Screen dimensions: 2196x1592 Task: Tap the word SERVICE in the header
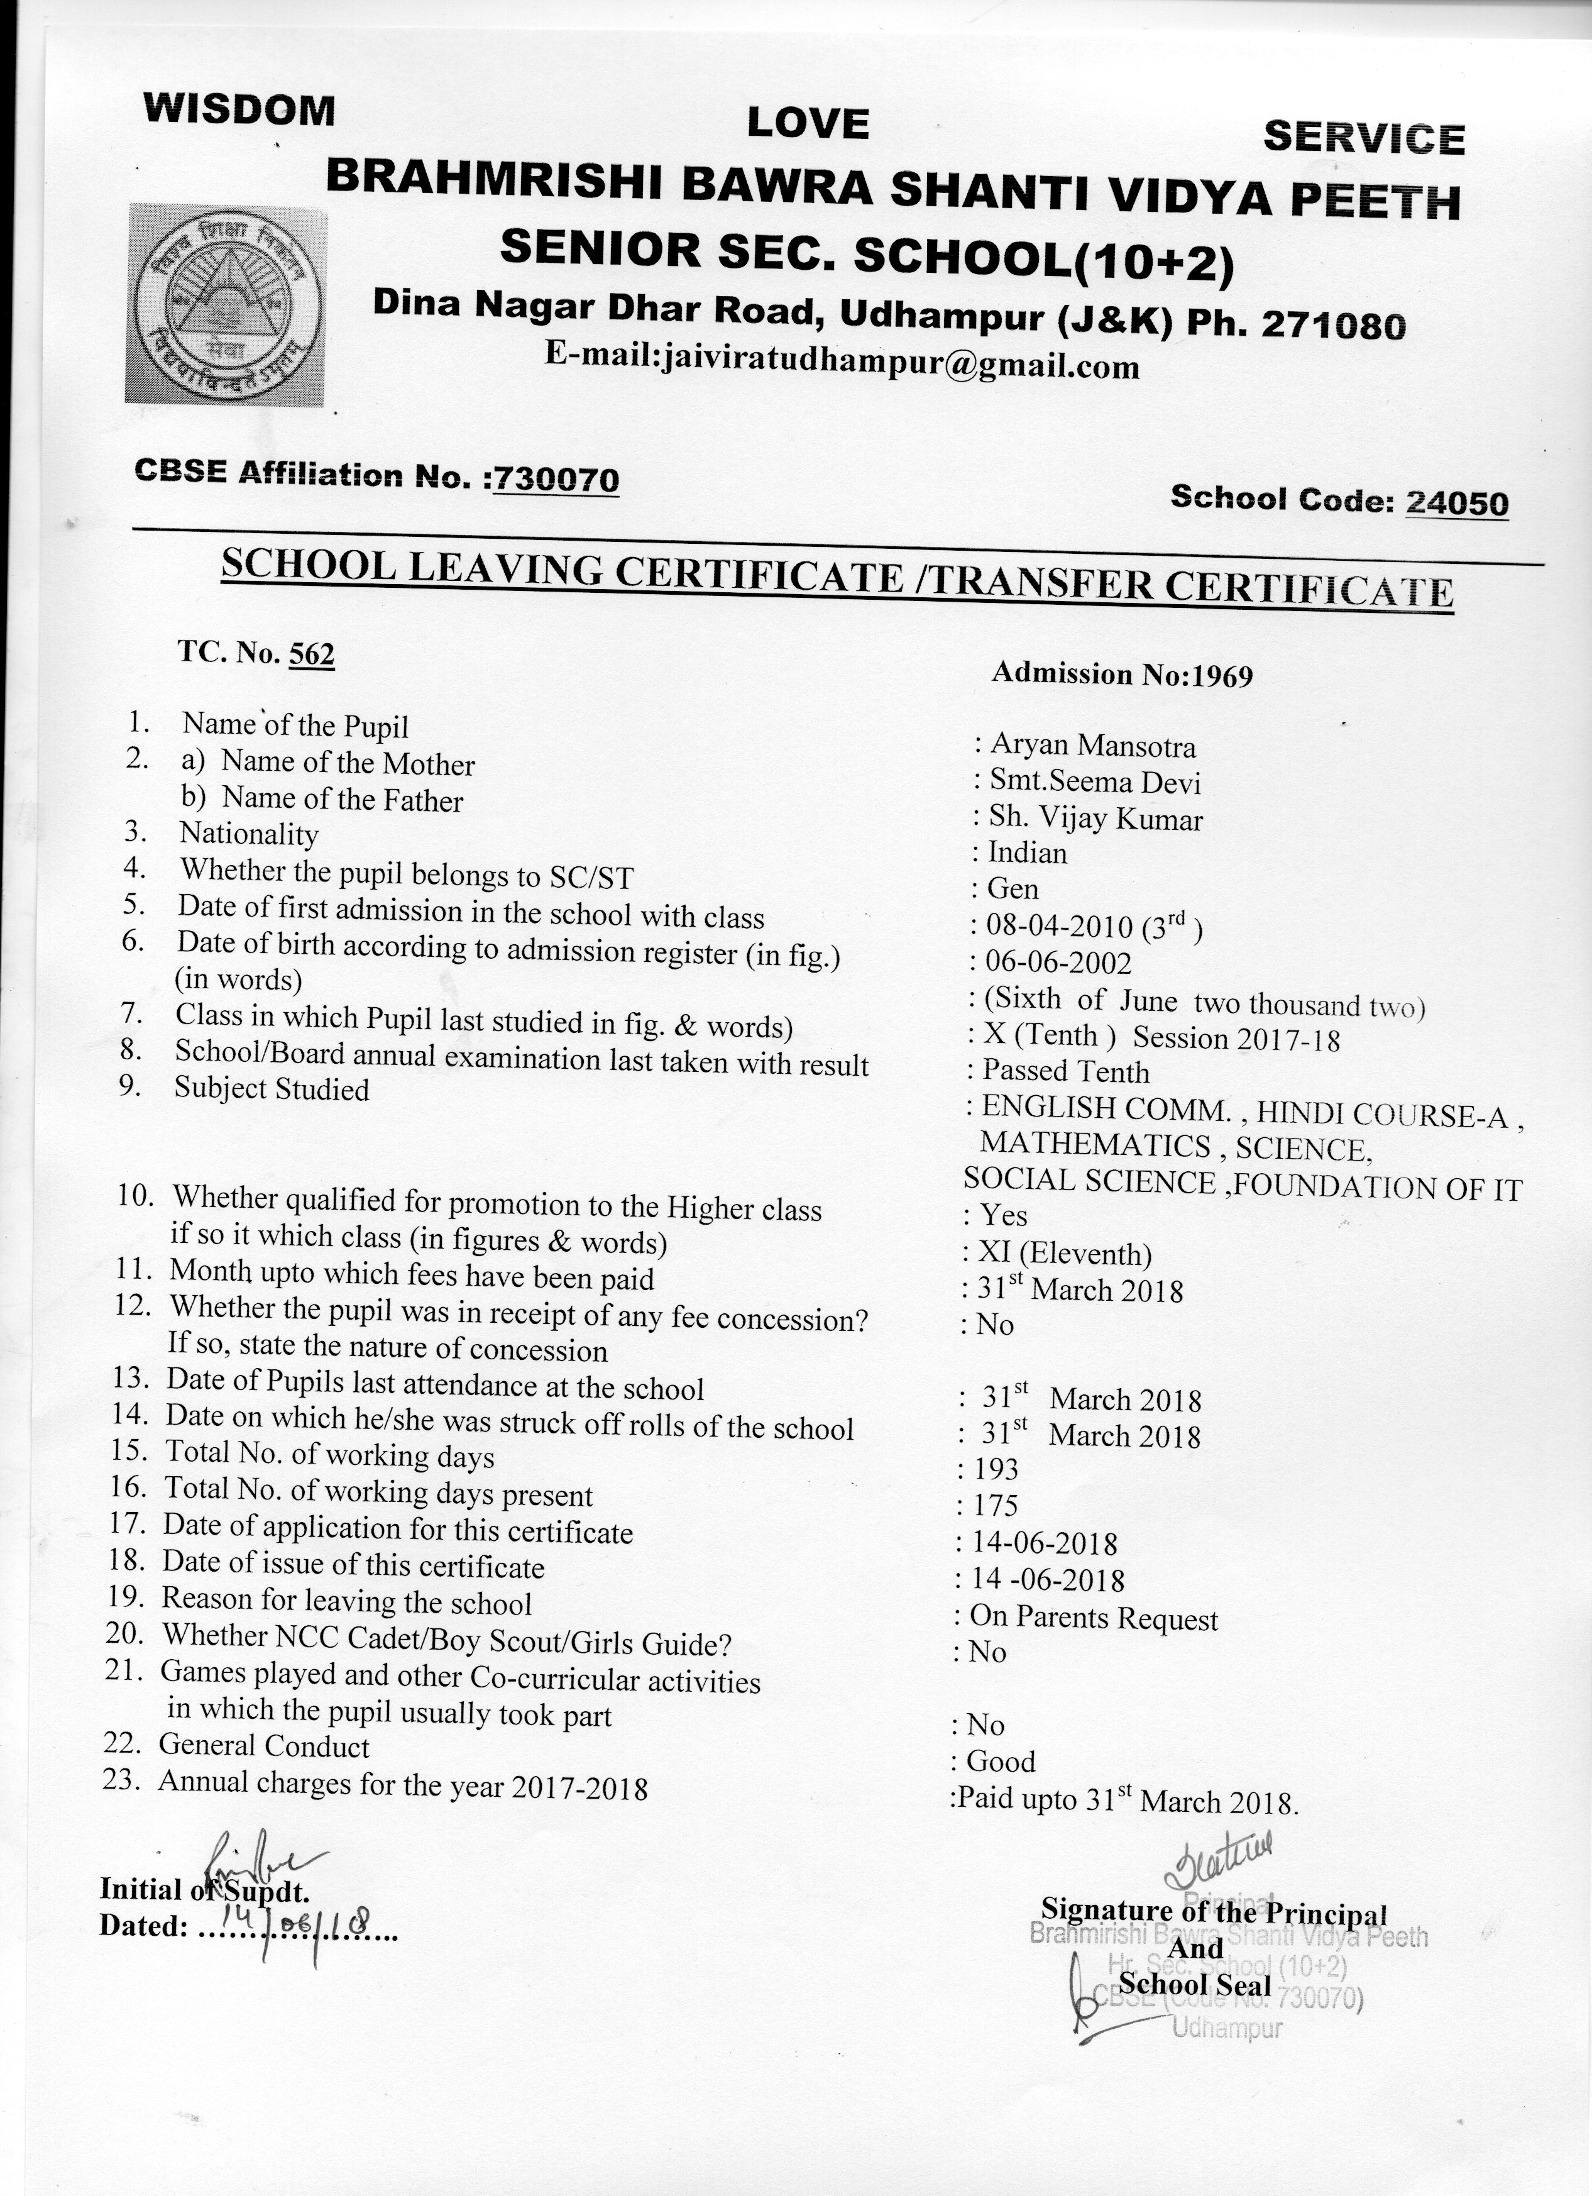click(1364, 138)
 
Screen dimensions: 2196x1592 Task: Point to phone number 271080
click(1332, 324)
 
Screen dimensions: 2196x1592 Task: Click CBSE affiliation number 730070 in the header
click(556, 478)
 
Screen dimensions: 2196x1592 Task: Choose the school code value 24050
click(1456, 502)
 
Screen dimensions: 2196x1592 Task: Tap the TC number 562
click(312, 654)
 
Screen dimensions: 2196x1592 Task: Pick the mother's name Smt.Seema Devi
click(1094, 781)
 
